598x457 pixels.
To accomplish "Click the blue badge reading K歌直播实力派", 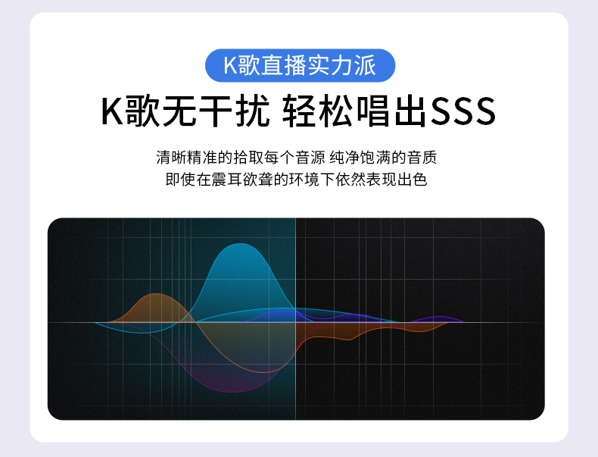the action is pyautogui.click(x=301, y=65).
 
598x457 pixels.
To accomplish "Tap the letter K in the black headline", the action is pyautogui.click(x=112, y=111).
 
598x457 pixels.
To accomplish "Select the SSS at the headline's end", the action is pyautogui.click(x=463, y=111).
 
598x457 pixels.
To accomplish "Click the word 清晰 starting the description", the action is pyautogui.click(x=171, y=158).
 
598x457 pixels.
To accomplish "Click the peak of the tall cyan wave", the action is pyautogui.click(x=240, y=243).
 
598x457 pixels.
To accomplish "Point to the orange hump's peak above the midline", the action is pyautogui.click(x=155, y=293).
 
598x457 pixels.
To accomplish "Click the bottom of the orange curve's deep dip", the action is pyautogui.click(x=264, y=372).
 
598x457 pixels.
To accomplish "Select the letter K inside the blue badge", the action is pyautogui.click(x=230, y=65).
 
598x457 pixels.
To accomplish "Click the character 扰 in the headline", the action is pyautogui.click(x=253, y=111).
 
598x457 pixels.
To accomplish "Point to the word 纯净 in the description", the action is pyautogui.click(x=344, y=158).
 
